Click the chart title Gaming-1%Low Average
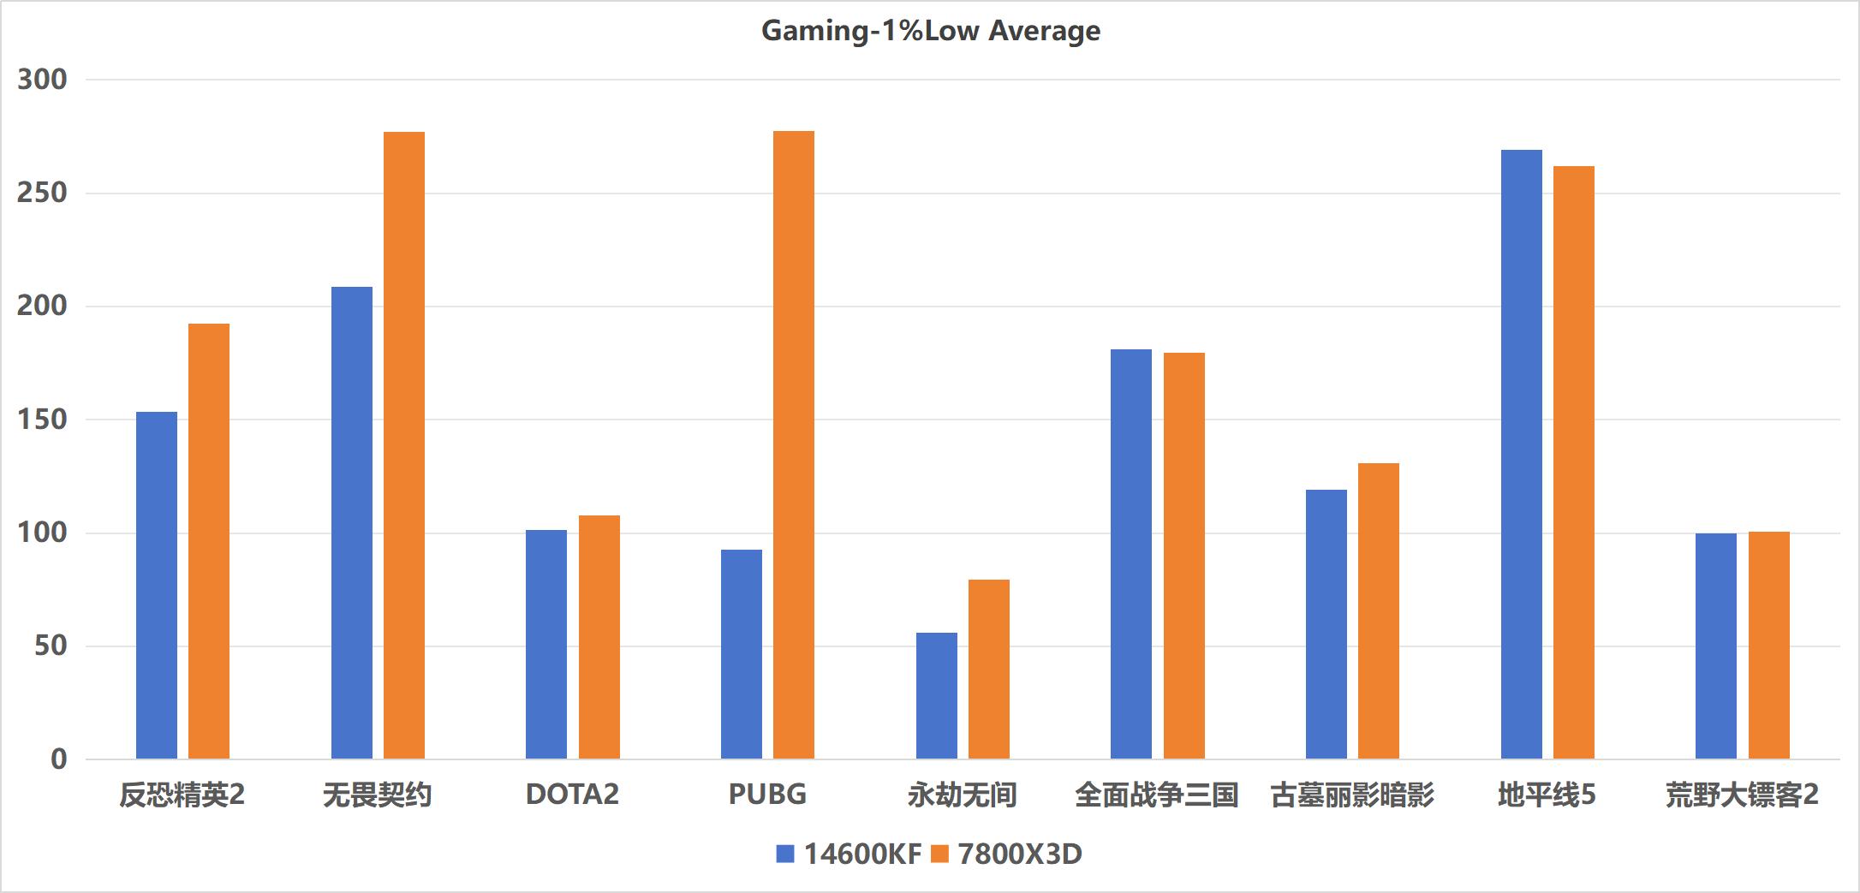(930, 31)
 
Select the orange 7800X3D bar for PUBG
(794, 445)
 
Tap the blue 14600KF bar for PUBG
(741, 654)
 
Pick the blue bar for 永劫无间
(936, 695)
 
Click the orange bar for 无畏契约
(404, 445)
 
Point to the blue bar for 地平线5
(1521, 454)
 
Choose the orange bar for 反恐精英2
(209, 541)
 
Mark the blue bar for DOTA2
(546, 644)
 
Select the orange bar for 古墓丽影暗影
(1378, 610)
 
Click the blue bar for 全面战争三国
(1130, 554)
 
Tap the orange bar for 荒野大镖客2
(1768, 645)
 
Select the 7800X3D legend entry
(1007, 854)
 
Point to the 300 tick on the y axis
(42, 80)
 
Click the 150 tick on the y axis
(42, 420)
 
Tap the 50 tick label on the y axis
(51, 646)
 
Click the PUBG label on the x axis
(767, 795)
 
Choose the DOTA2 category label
(572, 795)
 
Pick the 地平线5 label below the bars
(1547, 795)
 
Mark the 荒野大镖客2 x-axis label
(1742, 795)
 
